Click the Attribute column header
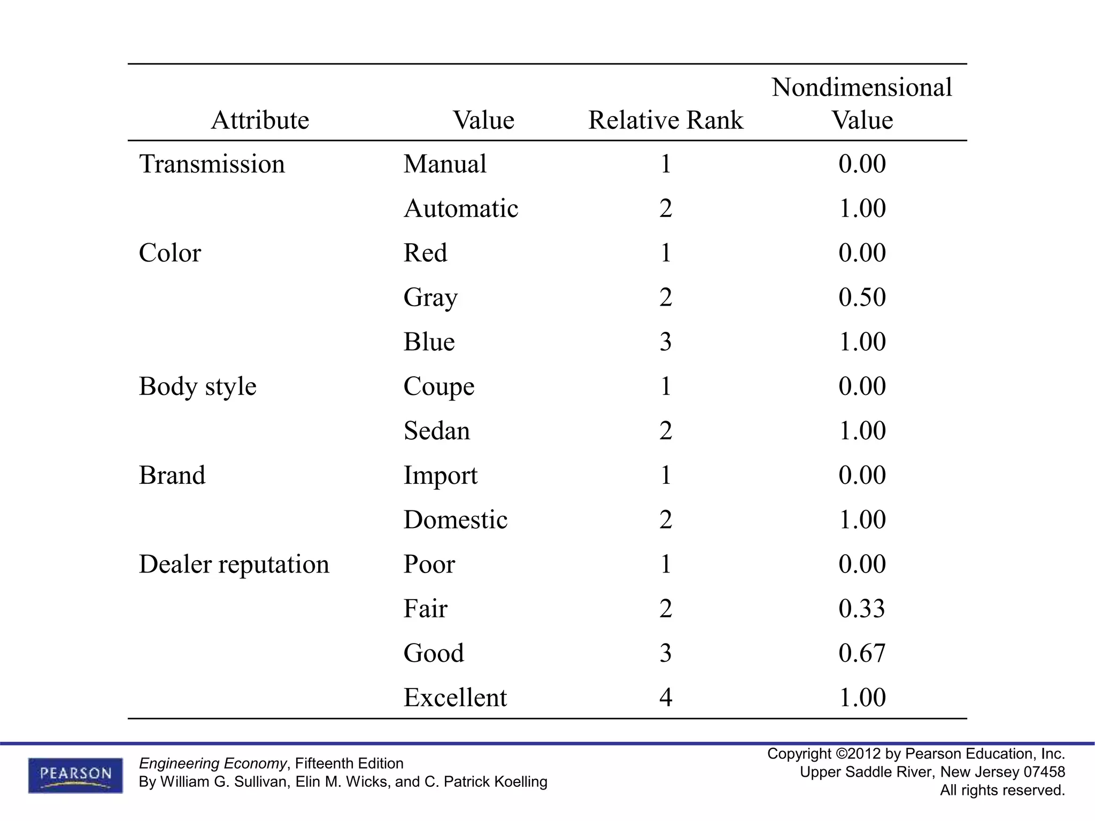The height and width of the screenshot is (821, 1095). [260, 120]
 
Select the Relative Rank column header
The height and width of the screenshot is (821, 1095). [666, 120]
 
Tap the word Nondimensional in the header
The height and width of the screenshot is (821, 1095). [862, 87]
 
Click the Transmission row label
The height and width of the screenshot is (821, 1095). [212, 164]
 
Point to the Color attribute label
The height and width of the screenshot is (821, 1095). [169, 253]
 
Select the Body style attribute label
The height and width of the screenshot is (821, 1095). [197, 386]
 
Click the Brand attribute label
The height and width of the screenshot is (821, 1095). [172, 475]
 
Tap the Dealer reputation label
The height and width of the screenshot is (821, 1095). [234, 564]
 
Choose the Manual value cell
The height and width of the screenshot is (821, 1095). [445, 164]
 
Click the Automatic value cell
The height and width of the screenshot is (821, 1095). [461, 208]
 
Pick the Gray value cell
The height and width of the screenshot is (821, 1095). [430, 297]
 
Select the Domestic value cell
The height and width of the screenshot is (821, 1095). [456, 520]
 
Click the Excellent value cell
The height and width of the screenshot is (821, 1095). [455, 698]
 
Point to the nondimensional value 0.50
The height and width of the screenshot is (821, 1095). [862, 297]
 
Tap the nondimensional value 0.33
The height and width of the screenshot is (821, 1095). [862, 608]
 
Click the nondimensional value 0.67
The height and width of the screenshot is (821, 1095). [862, 653]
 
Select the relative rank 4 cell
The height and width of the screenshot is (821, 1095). [665, 698]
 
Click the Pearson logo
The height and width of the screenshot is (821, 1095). [75, 775]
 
